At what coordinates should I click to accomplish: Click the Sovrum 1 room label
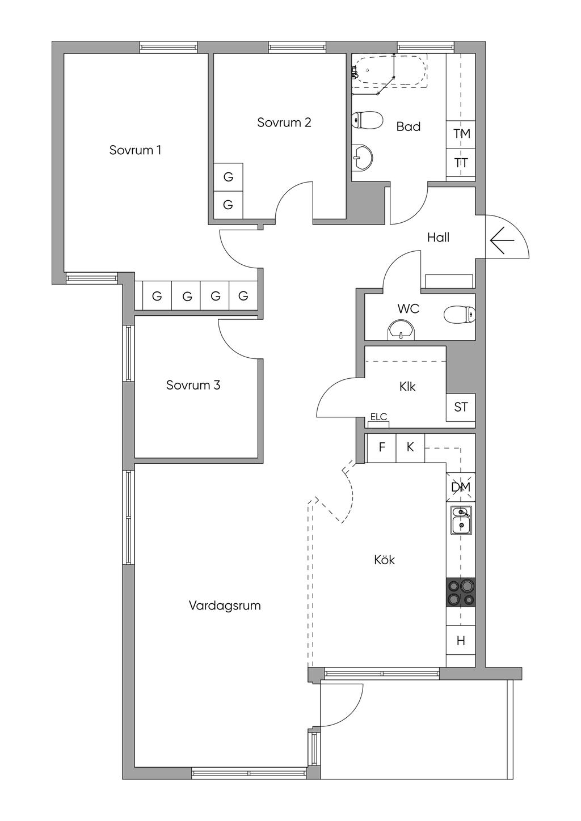(x=135, y=150)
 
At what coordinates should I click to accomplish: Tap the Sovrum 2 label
(x=284, y=122)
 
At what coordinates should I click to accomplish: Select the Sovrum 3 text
(x=193, y=385)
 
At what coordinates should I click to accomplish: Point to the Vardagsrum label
(x=225, y=606)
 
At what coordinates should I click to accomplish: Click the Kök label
(x=384, y=560)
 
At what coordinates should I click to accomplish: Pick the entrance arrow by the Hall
(x=502, y=241)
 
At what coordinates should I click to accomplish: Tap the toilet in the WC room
(x=459, y=315)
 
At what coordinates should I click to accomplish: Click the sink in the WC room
(x=401, y=329)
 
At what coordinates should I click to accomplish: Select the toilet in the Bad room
(x=367, y=120)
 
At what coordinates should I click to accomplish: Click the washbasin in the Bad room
(x=362, y=158)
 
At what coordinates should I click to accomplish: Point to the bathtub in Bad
(x=390, y=71)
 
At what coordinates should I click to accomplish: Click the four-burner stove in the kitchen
(x=460, y=592)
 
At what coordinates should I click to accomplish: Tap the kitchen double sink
(x=461, y=520)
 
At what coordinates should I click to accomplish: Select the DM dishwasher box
(x=460, y=487)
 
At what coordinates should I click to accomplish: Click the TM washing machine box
(x=461, y=134)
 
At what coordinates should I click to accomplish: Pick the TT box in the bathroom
(x=461, y=163)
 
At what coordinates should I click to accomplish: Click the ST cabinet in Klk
(x=461, y=407)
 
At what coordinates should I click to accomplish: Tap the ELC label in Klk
(x=378, y=417)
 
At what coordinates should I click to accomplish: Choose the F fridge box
(x=382, y=447)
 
